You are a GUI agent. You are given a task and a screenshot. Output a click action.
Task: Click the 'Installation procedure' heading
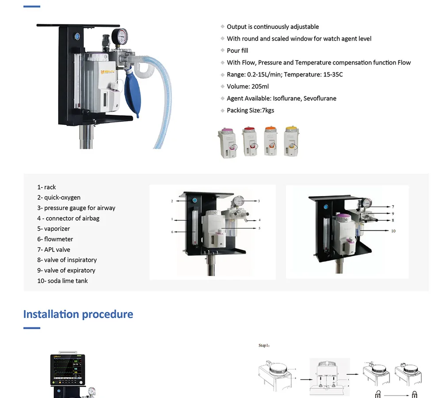pyautogui.click(x=78, y=314)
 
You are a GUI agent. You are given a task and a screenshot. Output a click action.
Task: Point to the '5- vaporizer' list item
pyautogui.click(x=53, y=229)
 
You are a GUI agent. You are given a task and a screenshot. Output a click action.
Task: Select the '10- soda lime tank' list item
pyautogui.click(x=62, y=281)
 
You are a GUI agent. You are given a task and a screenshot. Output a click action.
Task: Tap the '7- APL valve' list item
pyautogui.click(x=53, y=249)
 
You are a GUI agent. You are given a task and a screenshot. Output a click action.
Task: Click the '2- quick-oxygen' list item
pyautogui.click(x=59, y=198)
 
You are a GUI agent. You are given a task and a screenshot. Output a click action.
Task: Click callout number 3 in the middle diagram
pyautogui.click(x=259, y=201)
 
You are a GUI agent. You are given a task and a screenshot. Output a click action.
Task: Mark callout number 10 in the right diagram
pyautogui.click(x=393, y=231)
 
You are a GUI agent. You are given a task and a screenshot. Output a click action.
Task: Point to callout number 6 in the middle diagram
pyautogui.click(x=171, y=232)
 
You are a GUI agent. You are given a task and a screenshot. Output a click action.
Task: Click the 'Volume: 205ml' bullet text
pyautogui.click(x=248, y=87)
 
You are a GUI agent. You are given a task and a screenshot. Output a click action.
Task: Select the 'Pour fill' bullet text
pyautogui.click(x=237, y=51)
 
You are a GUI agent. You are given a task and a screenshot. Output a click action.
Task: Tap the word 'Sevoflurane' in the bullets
pyautogui.click(x=320, y=99)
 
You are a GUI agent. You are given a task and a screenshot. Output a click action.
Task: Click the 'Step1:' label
pyautogui.click(x=264, y=345)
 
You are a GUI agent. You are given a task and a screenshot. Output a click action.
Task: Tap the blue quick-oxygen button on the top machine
pyautogui.click(x=78, y=36)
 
